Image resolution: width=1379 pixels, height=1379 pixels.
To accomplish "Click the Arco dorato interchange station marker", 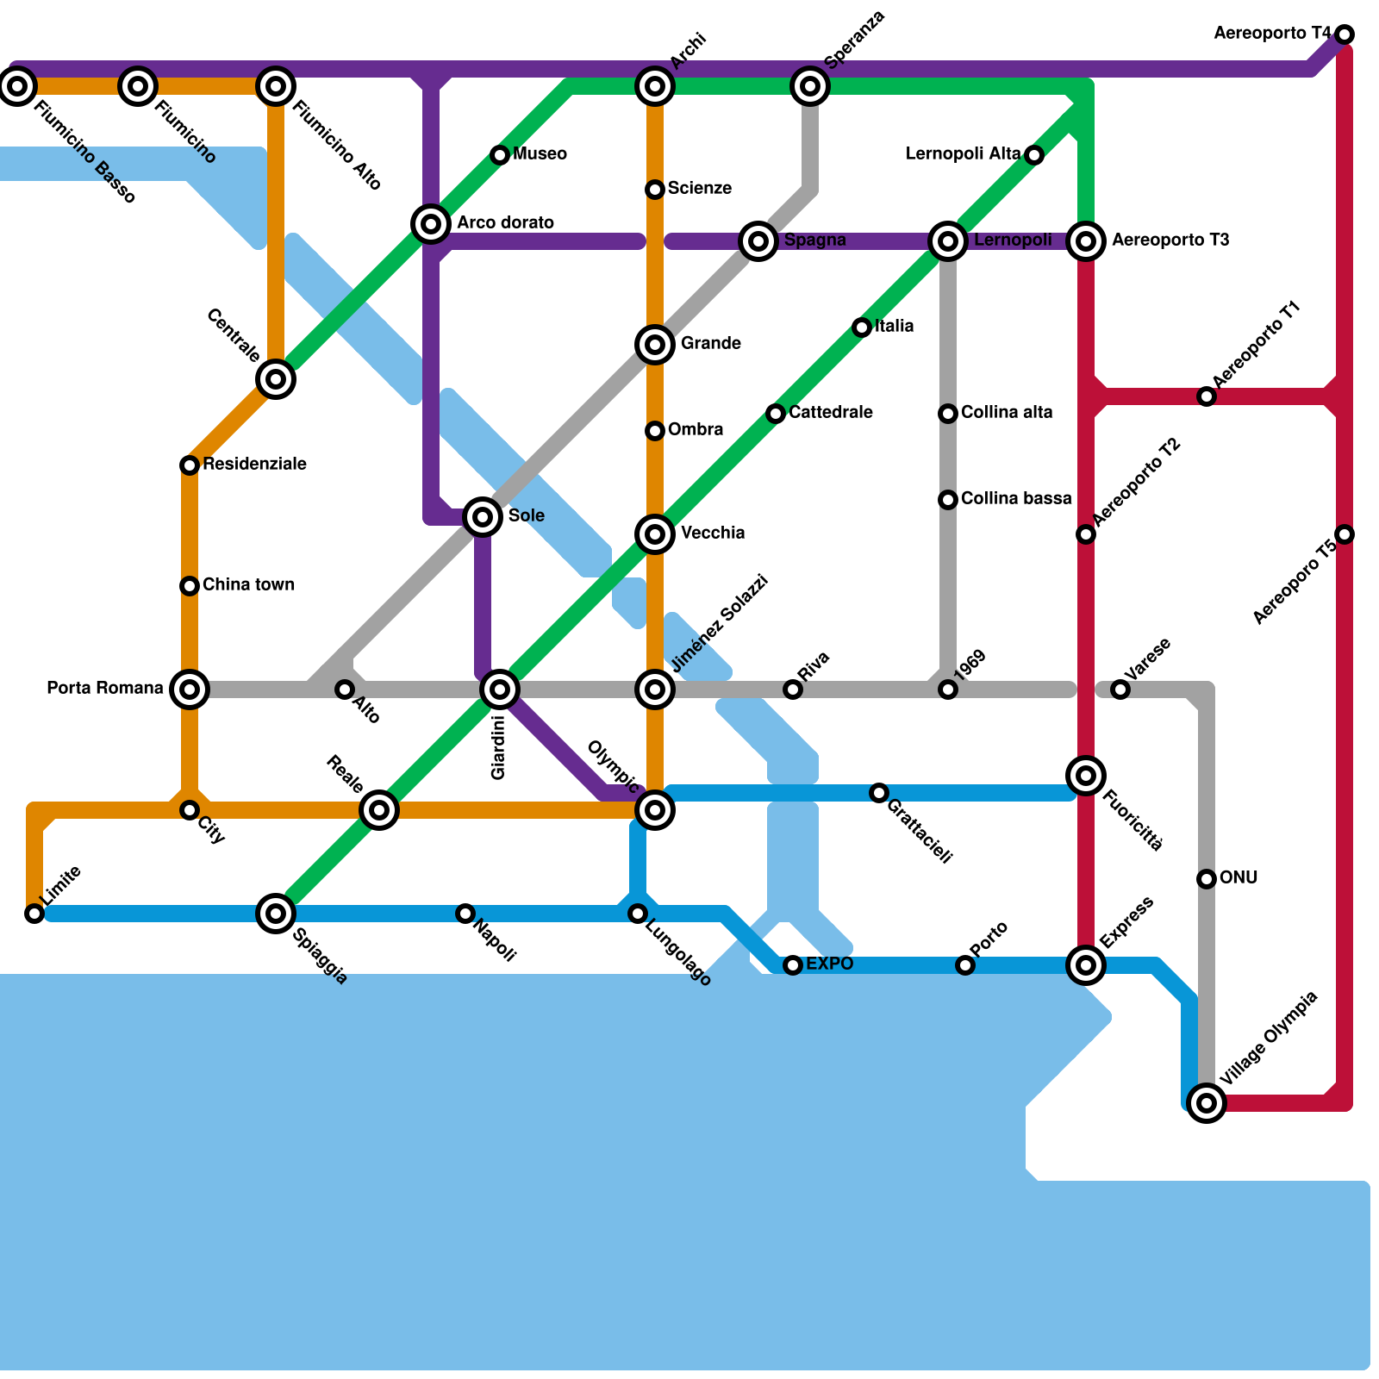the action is point(431,224).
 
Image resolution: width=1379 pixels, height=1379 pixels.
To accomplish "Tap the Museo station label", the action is point(540,154).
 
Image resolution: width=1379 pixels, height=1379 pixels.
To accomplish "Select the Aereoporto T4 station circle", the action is point(1345,34).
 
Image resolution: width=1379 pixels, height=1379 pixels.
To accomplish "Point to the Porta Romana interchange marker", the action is point(190,689).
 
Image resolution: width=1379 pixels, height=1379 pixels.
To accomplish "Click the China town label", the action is point(248,585).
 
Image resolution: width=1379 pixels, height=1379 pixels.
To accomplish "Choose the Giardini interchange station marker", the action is point(500,689).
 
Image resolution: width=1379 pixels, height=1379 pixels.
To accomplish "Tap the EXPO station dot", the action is point(793,965).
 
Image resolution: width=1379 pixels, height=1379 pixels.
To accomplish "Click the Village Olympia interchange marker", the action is point(1207,1103).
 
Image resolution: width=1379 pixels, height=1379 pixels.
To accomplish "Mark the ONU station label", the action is point(1239,878).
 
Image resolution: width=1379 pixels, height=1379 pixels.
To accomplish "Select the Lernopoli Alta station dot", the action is point(1034,155).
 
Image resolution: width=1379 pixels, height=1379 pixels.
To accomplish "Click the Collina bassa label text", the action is point(1016,499).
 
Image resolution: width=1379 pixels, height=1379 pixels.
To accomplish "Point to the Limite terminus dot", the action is point(34,914).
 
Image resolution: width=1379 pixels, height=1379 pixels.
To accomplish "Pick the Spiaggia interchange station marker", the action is point(276,914).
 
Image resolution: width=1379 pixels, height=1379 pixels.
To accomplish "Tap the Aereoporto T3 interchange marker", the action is point(1086,241).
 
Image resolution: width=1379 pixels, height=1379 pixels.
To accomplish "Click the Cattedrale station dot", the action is point(776,414).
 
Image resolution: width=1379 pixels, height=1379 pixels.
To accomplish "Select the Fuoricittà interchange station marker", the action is point(1086,776).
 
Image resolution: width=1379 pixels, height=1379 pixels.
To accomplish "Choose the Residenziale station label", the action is point(254,465).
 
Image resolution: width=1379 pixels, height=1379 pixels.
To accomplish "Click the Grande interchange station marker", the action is point(655,345).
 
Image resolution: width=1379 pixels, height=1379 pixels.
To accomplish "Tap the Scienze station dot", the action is point(655,190).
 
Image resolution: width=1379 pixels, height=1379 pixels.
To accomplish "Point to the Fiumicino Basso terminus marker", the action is point(17,86).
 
